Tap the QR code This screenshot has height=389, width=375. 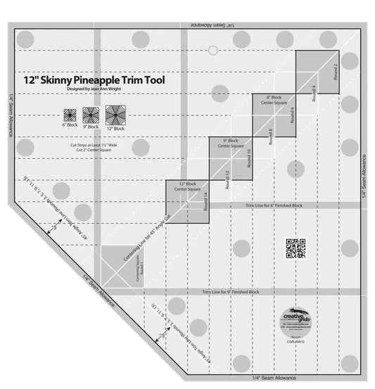[295, 248]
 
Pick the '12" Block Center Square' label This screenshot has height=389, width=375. [186, 186]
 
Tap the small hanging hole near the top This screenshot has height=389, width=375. [212, 49]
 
